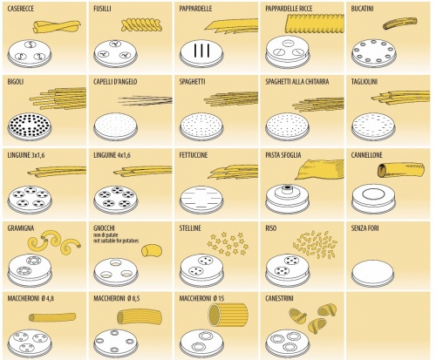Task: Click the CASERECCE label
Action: click(20, 9)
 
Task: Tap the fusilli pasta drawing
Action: click(141, 25)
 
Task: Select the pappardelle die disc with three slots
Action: click(201, 54)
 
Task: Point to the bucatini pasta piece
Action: click(399, 23)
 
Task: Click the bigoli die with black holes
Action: click(30, 127)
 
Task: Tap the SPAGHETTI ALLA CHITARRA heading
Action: click(297, 82)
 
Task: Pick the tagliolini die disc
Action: click(373, 127)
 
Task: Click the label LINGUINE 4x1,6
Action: click(112, 155)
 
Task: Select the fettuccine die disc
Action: click(201, 200)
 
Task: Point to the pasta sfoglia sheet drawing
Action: click(319, 169)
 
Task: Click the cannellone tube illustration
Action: click(401, 170)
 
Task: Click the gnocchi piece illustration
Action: click(152, 250)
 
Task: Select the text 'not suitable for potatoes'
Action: click(116, 241)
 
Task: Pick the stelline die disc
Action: click(201, 270)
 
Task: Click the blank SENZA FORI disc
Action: click(373, 273)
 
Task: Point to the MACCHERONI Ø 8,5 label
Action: click(117, 299)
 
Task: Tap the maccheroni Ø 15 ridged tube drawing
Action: click(228, 315)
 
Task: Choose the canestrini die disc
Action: click(287, 343)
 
